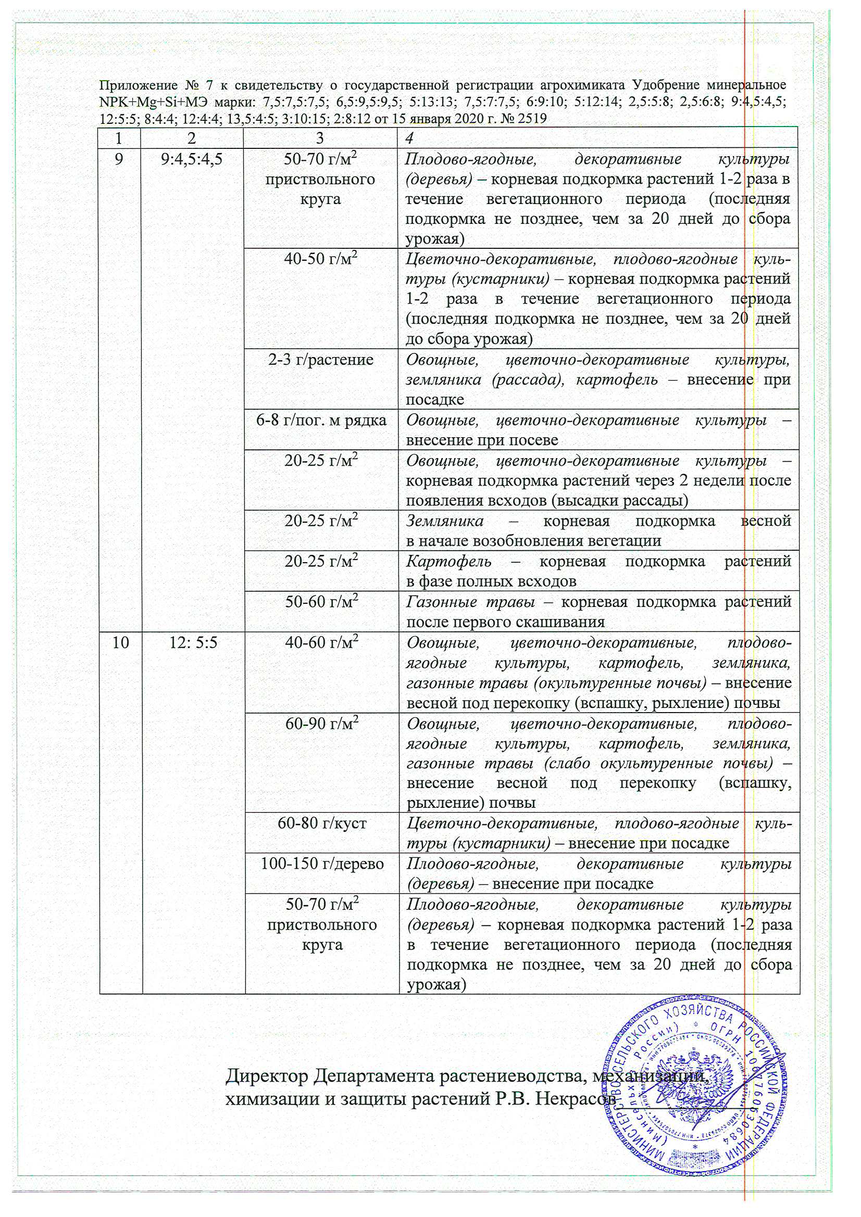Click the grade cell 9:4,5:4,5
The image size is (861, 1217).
(192, 158)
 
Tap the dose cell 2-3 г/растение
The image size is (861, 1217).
(320, 360)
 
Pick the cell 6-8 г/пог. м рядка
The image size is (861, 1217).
(320, 421)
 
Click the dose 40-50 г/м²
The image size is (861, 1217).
(320, 259)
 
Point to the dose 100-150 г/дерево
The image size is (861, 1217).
(321, 864)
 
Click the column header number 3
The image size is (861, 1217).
(320, 138)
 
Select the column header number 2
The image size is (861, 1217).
(192, 138)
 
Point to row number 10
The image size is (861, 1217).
(120, 642)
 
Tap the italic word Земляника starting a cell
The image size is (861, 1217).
(444, 521)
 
